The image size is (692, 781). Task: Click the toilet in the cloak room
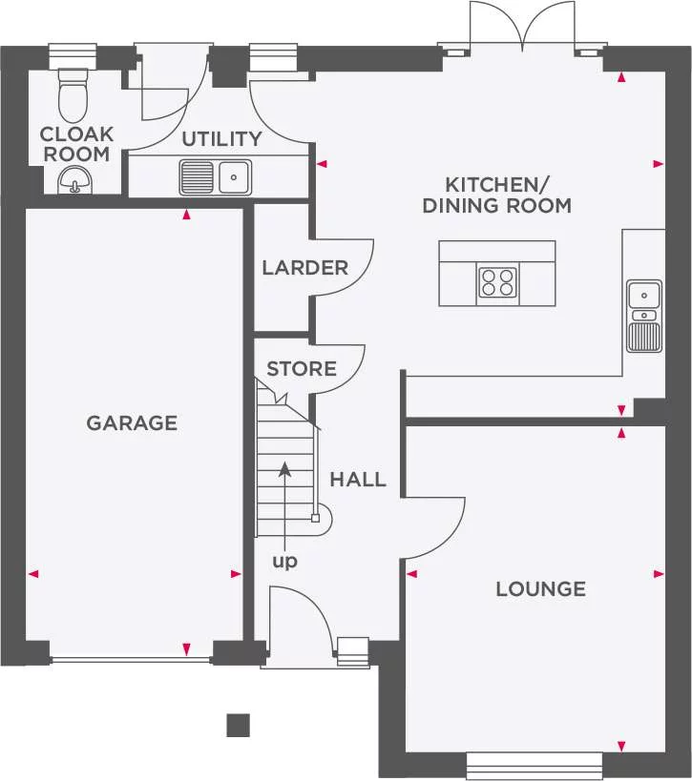[73, 95]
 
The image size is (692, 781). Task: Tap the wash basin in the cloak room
[74, 180]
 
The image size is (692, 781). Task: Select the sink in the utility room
[216, 176]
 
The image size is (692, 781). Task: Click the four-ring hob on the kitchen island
[497, 282]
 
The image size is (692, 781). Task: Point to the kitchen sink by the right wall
[644, 316]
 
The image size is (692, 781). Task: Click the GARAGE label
[132, 422]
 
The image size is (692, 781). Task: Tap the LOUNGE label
[541, 588]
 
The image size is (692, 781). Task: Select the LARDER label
[305, 268]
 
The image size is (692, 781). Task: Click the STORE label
[302, 369]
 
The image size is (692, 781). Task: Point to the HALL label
[358, 479]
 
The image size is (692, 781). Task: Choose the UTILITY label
[221, 139]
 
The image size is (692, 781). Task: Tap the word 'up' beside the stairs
[284, 562]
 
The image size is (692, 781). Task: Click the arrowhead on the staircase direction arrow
[284, 468]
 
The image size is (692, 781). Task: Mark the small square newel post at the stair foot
[315, 518]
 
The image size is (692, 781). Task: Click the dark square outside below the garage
[239, 725]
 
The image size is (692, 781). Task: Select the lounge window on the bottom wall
[535, 766]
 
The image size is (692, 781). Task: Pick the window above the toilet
[73, 55]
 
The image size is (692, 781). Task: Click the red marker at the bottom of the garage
[186, 649]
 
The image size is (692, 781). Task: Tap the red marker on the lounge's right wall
[659, 574]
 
